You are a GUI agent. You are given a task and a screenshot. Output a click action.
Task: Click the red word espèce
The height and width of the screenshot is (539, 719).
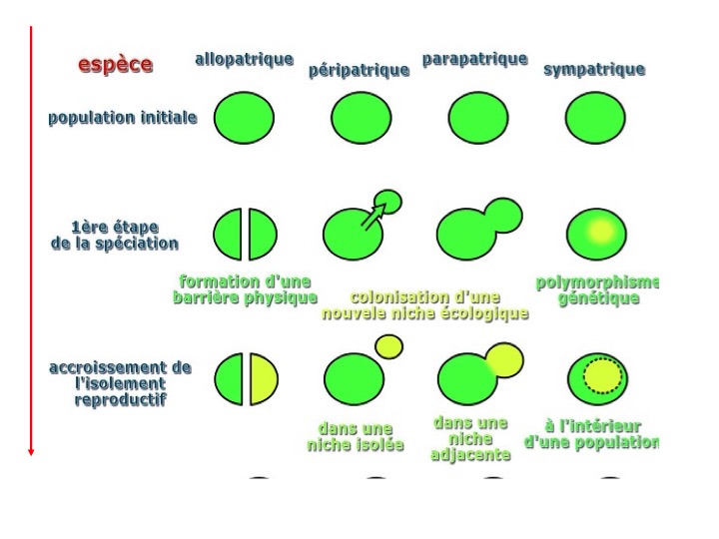click(116, 65)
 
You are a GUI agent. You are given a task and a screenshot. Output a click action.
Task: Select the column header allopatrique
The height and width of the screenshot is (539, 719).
click(244, 59)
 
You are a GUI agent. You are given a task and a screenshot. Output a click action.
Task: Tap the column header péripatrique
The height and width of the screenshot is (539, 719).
click(359, 70)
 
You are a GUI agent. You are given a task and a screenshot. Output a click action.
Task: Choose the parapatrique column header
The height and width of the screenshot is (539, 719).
click(474, 59)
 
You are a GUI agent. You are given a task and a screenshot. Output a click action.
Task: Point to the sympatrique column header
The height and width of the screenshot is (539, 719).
click(594, 69)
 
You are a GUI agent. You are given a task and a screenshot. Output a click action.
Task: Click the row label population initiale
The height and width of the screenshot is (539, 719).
click(122, 118)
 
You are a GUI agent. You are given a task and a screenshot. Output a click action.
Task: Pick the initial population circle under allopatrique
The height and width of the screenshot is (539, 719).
click(244, 118)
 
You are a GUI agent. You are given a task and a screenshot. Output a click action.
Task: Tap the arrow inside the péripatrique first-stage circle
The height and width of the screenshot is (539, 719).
click(373, 215)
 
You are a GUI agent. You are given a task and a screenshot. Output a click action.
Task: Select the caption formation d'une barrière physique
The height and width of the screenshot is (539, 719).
click(245, 289)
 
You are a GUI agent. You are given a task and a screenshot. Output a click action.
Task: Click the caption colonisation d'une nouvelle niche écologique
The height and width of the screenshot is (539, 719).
click(424, 305)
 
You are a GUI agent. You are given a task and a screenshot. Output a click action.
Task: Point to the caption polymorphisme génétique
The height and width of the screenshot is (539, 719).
click(597, 290)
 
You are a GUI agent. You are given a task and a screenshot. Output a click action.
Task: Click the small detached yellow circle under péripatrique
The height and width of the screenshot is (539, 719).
click(388, 346)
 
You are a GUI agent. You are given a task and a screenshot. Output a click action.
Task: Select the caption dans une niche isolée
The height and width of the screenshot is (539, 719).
click(356, 437)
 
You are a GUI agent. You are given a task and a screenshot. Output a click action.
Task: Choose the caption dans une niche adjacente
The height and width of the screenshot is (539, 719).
click(470, 439)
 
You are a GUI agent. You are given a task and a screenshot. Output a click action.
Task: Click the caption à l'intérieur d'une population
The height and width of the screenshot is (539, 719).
click(592, 434)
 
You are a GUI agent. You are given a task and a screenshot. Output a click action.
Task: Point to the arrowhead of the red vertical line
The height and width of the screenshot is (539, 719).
click(32, 451)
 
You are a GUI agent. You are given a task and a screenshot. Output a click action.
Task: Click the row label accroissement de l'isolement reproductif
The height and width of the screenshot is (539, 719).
click(120, 384)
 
